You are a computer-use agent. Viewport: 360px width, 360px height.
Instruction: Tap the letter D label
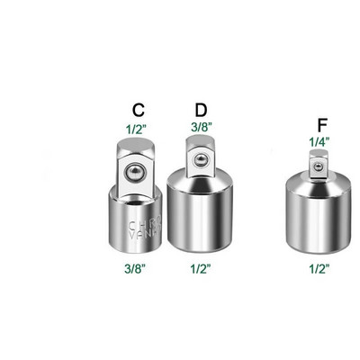[x=201, y=109]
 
